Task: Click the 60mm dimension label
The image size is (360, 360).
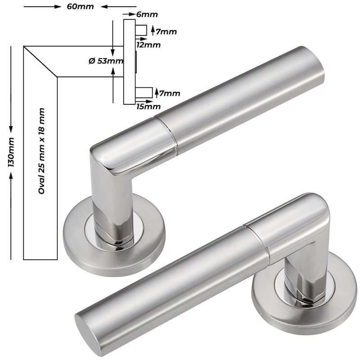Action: coord(80,6)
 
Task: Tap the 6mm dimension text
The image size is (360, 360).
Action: coord(147,14)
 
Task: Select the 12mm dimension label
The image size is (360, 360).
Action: coord(148,45)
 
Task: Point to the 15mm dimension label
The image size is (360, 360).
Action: coord(148,107)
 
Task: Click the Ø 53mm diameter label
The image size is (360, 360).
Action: coord(106,61)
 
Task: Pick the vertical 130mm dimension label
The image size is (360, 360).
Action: coord(11,152)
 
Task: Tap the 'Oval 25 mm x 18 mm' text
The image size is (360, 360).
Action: coord(41,151)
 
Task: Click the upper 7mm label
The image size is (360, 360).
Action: coord(166,31)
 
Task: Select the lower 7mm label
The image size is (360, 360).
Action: coord(170,94)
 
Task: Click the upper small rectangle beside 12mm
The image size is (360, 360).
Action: coord(141,30)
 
